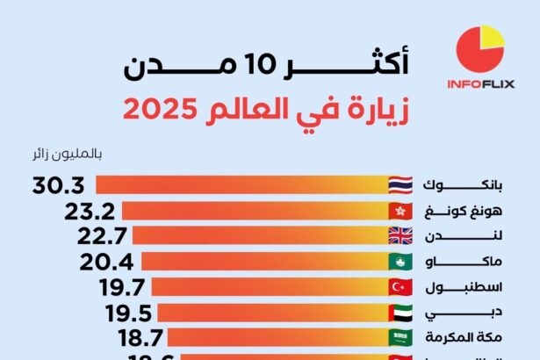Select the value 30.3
[58, 185]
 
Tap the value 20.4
[107, 261]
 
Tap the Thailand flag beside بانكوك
[401, 185]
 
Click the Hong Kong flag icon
[401, 211]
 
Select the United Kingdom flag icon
[401, 235]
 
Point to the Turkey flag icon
[401, 286]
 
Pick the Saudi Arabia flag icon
[401, 337]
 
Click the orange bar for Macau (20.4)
[263, 261]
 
